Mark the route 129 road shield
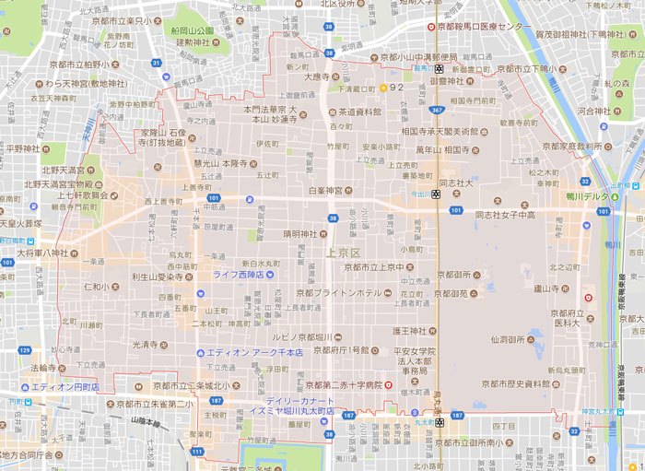click(x=25, y=350)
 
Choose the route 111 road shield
click(x=198, y=451)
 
